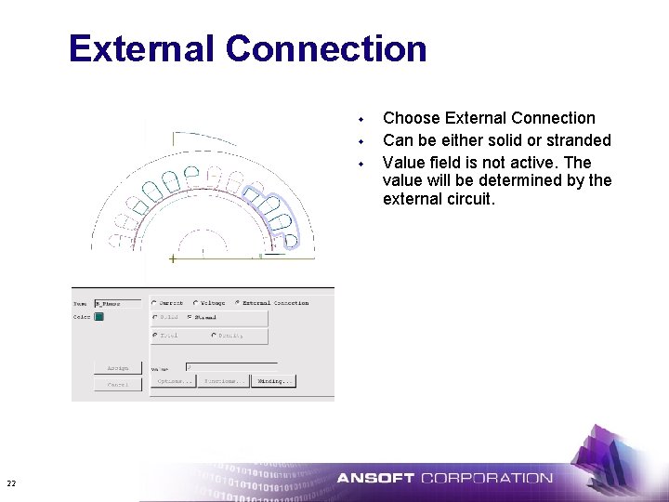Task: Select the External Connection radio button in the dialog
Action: tap(237, 302)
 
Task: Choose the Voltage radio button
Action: tap(195, 302)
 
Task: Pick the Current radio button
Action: tap(154, 302)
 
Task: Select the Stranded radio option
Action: tap(189, 317)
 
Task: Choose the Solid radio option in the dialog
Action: tap(154, 317)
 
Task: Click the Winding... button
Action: tap(274, 381)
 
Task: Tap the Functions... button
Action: tap(224, 381)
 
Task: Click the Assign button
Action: tap(118, 368)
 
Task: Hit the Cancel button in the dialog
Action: tap(118, 384)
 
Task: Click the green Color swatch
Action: tap(98, 317)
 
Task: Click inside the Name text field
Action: tap(117, 302)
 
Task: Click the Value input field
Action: tap(230, 366)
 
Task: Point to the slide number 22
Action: tap(11, 482)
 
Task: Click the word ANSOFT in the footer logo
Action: tap(375, 479)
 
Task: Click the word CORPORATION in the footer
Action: tap(486, 479)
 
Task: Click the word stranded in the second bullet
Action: tap(578, 140)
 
